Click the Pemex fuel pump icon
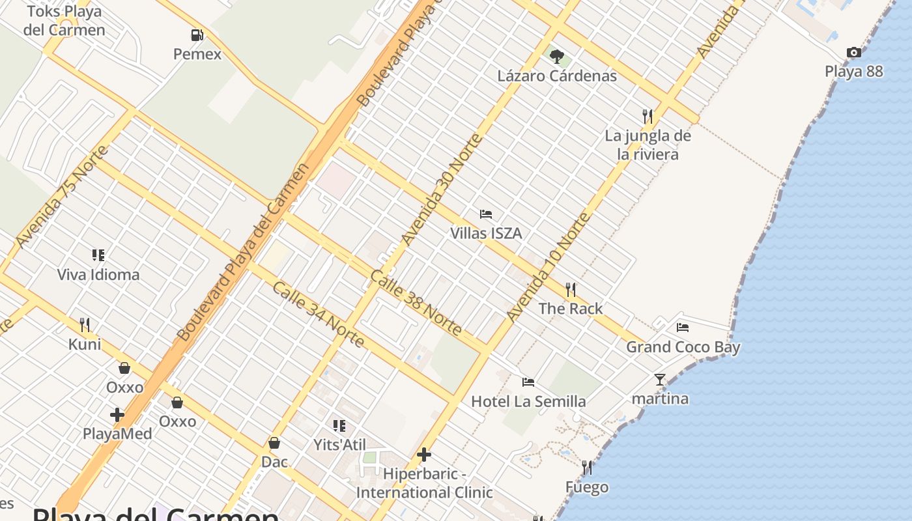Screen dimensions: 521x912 (197, 35)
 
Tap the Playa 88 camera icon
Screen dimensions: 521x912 (853, 52)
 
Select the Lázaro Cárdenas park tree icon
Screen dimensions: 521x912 (556, 57)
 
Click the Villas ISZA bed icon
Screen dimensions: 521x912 (486, 214)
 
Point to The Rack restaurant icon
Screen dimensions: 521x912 (571, 289)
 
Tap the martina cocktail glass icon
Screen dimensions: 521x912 (660, 379)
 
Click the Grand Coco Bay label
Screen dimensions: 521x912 (683, 347)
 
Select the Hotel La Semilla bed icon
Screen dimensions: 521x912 (528, 382)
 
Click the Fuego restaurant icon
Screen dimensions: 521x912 (587, 468)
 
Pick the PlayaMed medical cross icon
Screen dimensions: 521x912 (117, 414)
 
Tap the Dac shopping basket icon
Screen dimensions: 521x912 (274, 443)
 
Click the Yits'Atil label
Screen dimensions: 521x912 (339, 445)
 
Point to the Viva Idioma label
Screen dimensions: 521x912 (98, 275)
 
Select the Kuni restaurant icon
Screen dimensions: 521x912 (84, 324)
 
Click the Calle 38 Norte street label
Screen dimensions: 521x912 (416, 302)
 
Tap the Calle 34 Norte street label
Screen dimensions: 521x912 (318, 315)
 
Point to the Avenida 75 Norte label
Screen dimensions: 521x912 (62, 196)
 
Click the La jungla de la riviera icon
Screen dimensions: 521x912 (647, 117)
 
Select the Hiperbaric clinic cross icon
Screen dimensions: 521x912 (424, 454)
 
